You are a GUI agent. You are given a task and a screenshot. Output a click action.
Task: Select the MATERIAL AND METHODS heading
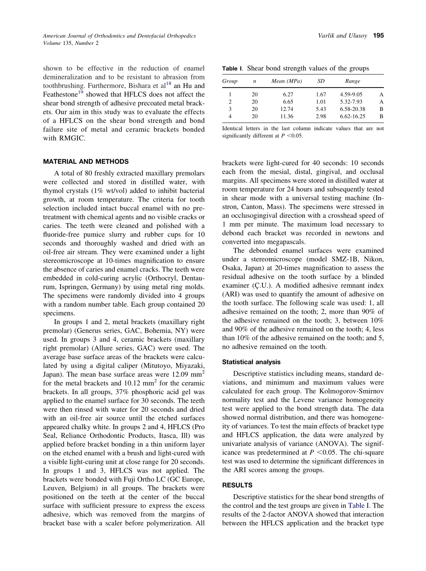pos(86,162)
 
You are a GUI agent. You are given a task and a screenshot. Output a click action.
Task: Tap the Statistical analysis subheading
pos(252,362)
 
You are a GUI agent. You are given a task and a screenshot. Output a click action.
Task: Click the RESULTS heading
pos(237,485)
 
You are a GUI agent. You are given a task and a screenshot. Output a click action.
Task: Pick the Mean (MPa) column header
pos(287,81)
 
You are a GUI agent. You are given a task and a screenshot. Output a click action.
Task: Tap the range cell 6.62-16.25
pos(352,116)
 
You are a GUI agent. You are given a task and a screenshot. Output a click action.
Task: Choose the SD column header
pos(321,81)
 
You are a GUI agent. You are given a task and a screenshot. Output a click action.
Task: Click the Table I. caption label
pos(232,69)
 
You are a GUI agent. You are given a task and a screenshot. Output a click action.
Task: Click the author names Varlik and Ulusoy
pos(343,35)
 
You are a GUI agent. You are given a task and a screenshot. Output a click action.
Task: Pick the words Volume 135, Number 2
pos(71,43)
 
